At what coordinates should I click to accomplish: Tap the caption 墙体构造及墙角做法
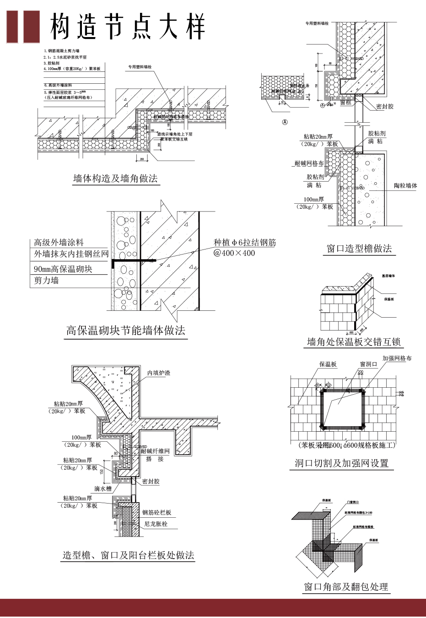tap(115, 179)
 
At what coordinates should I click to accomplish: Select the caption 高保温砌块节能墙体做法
tap(126, 331)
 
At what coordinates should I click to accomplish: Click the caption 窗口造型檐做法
tap(359, 249)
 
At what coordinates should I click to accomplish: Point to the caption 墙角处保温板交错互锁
tap(354, 342)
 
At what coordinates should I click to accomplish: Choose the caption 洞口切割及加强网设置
tap(341, 463)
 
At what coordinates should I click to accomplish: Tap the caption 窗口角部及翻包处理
tap(346, 586)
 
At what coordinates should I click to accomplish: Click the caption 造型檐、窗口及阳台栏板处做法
tap(129, 555)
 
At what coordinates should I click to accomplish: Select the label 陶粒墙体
tap(405, 185)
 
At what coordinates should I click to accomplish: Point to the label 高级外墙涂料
tap(59, 243)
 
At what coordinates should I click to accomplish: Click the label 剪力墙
tap(46, 280)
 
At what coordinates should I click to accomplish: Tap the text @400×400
tap(234, 253)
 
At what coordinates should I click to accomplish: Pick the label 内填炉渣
tap(158, 373)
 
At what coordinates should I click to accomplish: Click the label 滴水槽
tap(103, 488)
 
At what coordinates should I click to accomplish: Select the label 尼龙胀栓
tap(156, 524)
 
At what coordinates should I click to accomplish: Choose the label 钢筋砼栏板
tap(156, 512)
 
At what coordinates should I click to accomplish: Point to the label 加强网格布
tap(397, 358)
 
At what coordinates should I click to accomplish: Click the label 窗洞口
tap(368, 364)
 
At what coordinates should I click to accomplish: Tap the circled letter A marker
tap(285, 122)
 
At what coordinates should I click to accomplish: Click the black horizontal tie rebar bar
tap(133, 260)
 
